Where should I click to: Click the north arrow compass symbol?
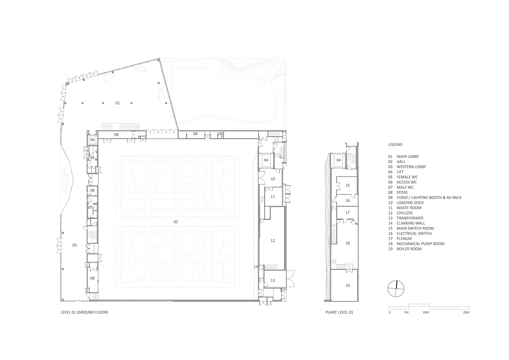[396, 288]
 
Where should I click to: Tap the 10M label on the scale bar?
[426, 312]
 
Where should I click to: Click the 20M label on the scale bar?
[466, 312]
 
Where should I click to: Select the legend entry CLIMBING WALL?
[411, 223]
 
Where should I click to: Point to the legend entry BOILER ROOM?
[409, 249]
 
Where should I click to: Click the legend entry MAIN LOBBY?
[407, 157]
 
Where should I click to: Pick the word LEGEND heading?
[395, 145]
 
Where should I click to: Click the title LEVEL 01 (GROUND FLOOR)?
[84, 312]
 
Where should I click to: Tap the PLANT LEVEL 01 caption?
[339, 312]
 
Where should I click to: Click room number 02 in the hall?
[176, 222]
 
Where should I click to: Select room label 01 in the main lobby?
[118, 103]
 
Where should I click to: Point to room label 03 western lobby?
[75, 245]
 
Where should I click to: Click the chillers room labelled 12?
[273, 241]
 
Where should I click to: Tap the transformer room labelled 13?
[273, 280]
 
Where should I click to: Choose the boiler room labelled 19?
[348, 286]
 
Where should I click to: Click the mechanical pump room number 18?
[348, 243]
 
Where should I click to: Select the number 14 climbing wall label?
[256, 267]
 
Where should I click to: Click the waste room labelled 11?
[273, 196]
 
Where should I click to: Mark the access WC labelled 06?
[92, 190]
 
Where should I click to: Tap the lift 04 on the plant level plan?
[338, 160]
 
